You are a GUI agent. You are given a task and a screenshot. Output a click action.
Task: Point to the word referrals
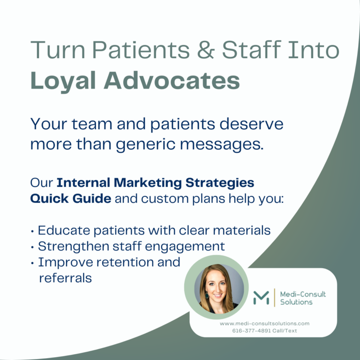click(x=65, y=277)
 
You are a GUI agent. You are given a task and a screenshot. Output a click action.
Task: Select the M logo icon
click(x=261, y=298)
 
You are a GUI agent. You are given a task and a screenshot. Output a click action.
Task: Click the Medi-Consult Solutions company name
click(x=303, y=298)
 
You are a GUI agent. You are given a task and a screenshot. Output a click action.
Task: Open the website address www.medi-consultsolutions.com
click(x=264, y=323)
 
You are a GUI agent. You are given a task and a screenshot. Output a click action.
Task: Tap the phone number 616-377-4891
click(x=253, y=330)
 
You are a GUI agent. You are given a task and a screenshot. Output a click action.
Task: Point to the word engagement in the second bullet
click(x=187, y=246)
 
